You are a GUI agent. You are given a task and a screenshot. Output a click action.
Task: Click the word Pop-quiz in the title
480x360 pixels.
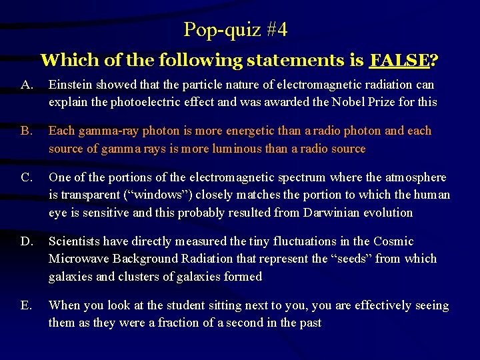pos(211,29)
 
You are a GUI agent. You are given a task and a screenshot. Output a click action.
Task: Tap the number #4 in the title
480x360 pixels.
pos(275,29)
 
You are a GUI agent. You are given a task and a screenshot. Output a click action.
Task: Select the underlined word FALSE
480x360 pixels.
pos(399,61)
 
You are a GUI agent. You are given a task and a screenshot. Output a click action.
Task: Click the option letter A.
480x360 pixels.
pos(27,85)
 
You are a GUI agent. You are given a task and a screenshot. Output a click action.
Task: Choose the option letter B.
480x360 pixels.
pos(26,131)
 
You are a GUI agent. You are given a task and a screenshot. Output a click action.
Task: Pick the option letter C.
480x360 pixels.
pos(27,178)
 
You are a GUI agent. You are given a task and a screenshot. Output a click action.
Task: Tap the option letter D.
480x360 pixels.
pos(27,241)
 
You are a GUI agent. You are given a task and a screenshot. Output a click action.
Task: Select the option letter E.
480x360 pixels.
pos(26,305)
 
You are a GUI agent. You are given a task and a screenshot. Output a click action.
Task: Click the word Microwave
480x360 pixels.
pos(77,259)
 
